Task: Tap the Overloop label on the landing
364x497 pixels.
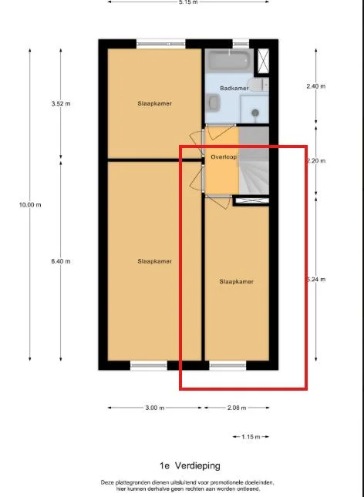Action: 223,156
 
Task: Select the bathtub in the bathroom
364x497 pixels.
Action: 228,60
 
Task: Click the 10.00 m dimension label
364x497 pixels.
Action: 31,204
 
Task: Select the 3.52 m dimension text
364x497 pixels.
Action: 61,103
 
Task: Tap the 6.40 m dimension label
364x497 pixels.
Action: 61,261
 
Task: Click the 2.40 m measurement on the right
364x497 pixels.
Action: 316,86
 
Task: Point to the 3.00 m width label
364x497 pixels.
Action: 154,408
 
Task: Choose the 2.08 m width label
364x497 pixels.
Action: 238,408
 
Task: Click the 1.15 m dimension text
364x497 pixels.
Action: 251,437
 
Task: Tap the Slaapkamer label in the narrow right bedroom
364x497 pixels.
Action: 236,281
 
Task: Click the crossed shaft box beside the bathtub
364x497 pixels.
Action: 265,60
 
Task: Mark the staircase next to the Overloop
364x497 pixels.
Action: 254,166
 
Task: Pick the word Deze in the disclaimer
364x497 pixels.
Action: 109,482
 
